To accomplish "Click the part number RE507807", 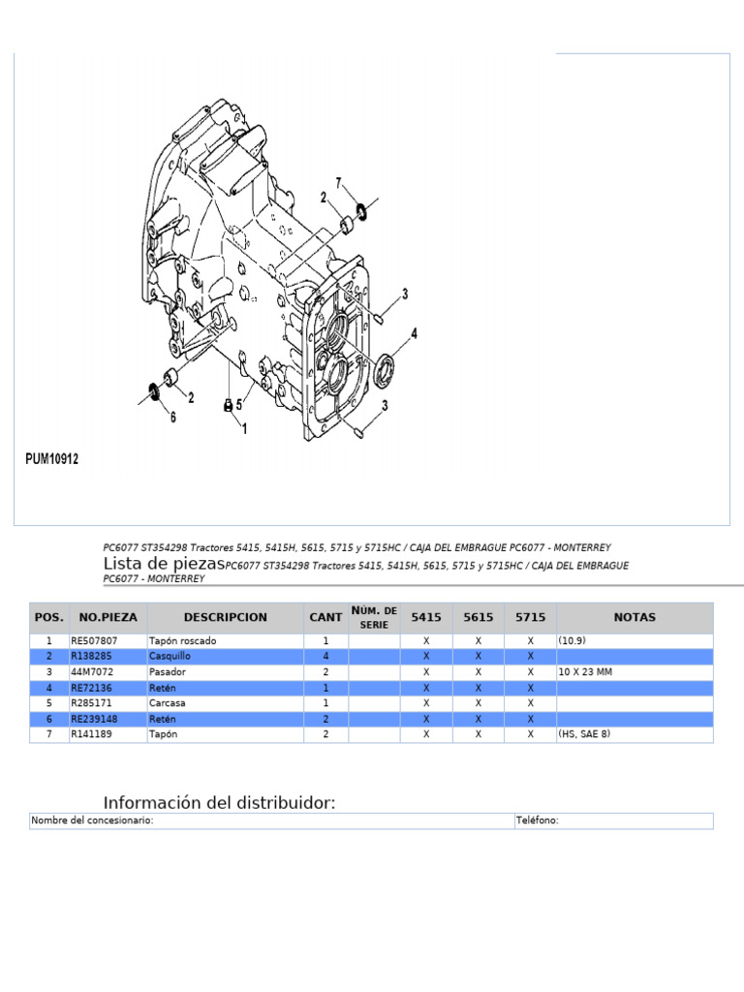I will tap(94, 641).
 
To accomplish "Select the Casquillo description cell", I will tap(170, 656).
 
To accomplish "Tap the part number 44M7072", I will tap(91, 671).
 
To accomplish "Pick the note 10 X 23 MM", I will tap(584, 671).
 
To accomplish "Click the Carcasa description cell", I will tap(167, 702).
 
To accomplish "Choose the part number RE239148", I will tap(94, 718).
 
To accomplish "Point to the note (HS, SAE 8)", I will tap(584, 734).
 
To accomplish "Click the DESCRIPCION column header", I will tap(225, 617).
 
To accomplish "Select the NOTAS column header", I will tap(635, 617).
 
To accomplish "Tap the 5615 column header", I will tap(479, 617).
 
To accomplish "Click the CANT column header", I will tap(325, 617).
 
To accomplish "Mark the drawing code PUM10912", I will tap(52, 459).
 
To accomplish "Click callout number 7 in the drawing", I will tap(339, 183).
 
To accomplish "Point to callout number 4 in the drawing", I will tap(414, 334).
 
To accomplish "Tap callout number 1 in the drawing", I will tap(244, 427).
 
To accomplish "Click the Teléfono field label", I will tap(537, 821).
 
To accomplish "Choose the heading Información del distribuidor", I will tap(220, 803).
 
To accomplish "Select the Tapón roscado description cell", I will tap(183, 641).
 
